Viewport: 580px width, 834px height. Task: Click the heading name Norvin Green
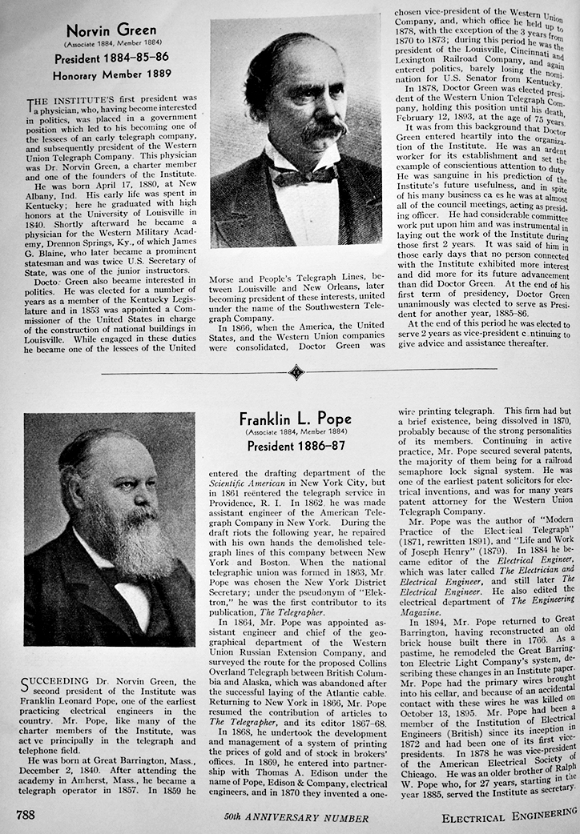point(111,30)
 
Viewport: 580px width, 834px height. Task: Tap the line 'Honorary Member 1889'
point(112,75)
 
